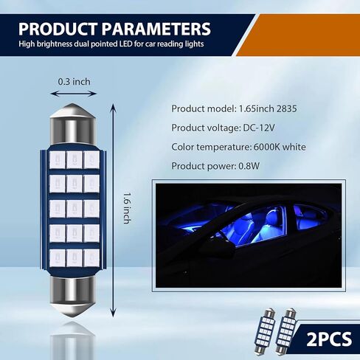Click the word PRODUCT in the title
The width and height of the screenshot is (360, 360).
click(58, 29)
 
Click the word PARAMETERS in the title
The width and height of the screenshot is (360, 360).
click(156, 29)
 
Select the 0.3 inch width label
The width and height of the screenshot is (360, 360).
click(74, 82)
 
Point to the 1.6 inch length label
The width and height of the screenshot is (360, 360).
click(126, 208)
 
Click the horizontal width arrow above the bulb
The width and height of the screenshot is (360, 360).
click(73, 94)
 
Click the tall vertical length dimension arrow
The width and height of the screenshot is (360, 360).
click(113, 210)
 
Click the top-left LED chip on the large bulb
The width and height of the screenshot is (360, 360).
click(58, 160)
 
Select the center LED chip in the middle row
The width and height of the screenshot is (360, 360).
click(75, 209)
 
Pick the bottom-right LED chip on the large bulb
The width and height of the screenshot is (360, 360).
click(91, 258)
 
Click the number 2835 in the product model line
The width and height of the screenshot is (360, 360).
click(287, 108)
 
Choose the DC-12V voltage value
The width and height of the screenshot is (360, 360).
click(259, 128)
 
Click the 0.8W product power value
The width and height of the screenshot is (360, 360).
click(249, 166)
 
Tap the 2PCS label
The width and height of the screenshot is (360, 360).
click(329, 339)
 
